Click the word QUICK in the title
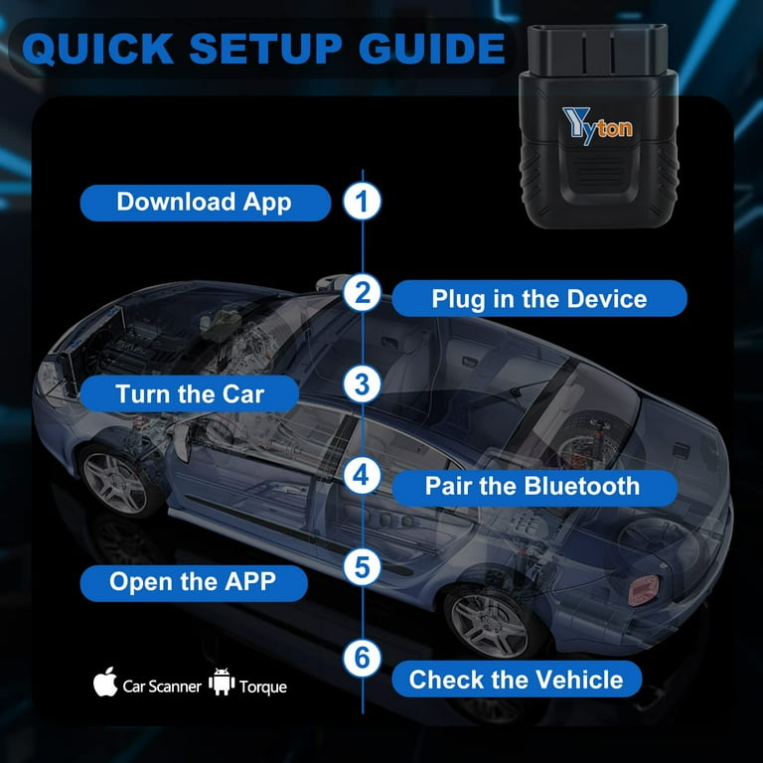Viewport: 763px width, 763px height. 97,49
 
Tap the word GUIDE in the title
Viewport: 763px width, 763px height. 432,49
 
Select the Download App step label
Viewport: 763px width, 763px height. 206,203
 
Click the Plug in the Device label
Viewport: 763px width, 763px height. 539,298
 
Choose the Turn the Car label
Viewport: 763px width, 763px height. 190,393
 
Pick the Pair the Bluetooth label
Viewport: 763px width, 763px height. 534,487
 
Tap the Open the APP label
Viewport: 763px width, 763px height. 194,582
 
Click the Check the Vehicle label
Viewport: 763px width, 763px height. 517,679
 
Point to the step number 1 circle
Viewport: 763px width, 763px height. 362,201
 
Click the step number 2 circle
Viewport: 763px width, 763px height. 362,292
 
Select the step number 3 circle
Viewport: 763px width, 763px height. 362,383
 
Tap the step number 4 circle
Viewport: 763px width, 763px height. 362,476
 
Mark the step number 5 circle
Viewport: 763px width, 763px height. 362,567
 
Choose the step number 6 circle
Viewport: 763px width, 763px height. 362,659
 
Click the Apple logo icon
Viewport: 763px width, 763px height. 105,682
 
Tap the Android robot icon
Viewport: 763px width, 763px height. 222,682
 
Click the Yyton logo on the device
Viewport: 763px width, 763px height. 597,125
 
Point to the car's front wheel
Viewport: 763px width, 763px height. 117,482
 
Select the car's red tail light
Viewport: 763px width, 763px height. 644,590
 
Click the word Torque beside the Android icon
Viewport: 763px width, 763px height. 262,687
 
